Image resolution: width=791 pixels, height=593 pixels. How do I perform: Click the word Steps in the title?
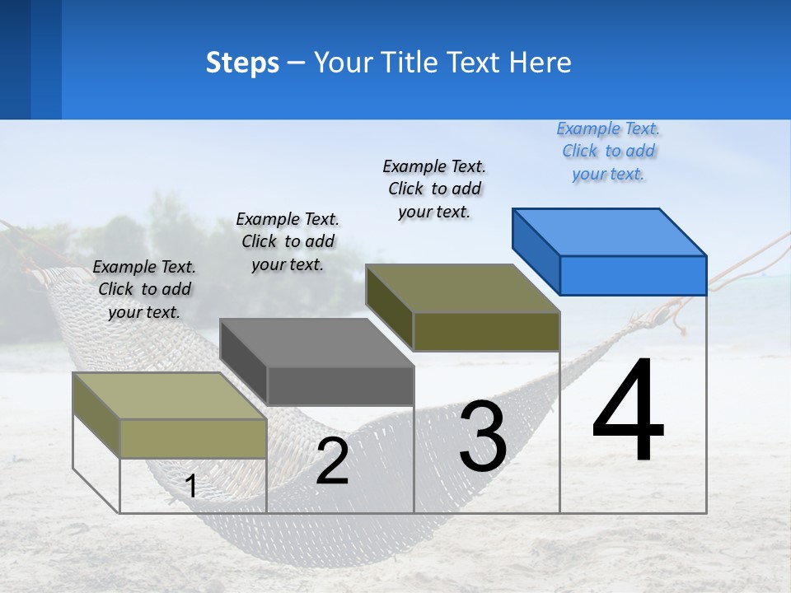242,63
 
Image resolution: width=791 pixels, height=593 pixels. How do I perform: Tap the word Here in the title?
539,63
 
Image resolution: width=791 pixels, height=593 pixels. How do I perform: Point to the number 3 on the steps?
483,437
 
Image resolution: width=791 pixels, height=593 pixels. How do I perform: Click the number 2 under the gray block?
332,461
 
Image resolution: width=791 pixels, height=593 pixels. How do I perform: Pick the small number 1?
191,487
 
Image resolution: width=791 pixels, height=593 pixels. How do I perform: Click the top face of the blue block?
610,231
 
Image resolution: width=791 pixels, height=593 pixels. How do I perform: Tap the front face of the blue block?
633,275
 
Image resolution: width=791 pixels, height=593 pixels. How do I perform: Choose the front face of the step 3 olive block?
486,331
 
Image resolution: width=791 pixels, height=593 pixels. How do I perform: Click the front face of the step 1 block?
193,438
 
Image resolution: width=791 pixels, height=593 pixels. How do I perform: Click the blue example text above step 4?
608,151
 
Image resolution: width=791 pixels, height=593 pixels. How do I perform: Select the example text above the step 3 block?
434,189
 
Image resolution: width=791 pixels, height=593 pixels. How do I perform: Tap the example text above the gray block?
288,241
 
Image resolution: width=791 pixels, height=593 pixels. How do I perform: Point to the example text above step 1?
144,289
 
